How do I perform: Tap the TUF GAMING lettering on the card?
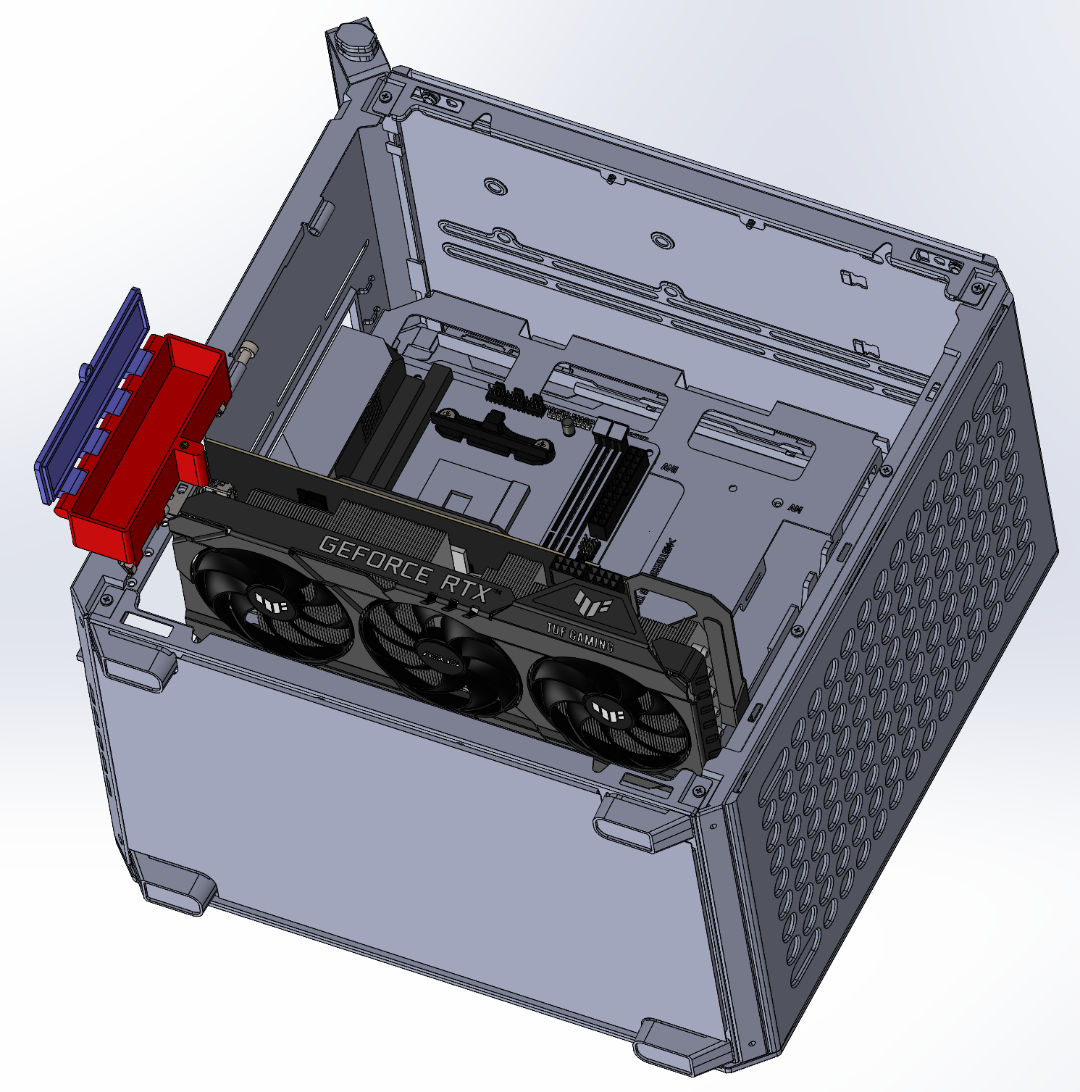(580, 637)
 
